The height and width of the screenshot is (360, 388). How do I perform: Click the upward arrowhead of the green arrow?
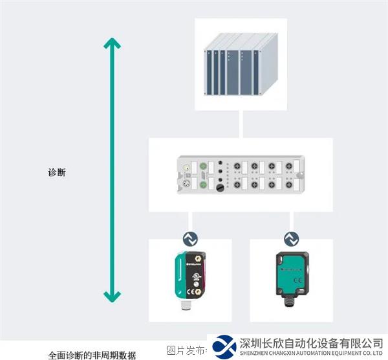pyautogui.click(x=113, y=44)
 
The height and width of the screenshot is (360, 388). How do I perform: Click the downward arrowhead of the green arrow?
pyautogui.click(x=113, y=297)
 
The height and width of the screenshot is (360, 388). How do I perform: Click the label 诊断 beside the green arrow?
pyautogui.click(x=57, y=173)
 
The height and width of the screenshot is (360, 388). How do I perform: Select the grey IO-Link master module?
pyautogui.click(x=241, y=174)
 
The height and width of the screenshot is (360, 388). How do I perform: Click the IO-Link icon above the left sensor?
pyautogui.click(x=190, y=238)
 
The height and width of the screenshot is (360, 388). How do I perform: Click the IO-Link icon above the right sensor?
pyautogui.click(x=291, y=238)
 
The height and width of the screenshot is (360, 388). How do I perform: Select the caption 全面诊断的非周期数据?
pyautogui.click(x=92, y=355)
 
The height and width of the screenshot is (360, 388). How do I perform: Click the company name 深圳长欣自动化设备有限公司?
pyautogui.click(x=310, y=343)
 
